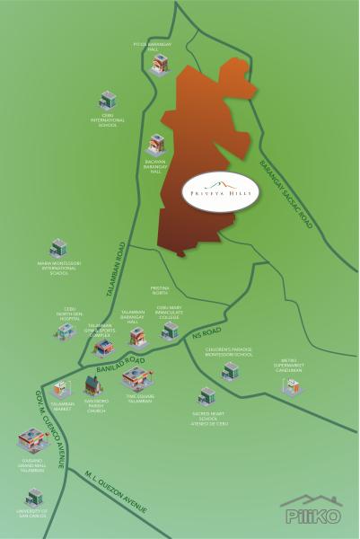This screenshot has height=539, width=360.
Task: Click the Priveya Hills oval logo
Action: [x=220, y=191]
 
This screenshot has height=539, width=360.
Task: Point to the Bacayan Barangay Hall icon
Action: [x=157, y=144]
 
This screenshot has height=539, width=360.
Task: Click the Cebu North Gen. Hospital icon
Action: [x=65, y=332]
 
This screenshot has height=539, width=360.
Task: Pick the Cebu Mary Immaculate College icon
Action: [x=170, y=331]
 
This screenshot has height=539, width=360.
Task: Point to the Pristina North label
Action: [x=160, y=290]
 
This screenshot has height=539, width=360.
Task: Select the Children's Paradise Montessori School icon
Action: [x=230, y=371]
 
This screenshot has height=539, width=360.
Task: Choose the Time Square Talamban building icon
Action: [x=136, y=378]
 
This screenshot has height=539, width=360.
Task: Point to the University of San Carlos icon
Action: [x=34, y=496]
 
